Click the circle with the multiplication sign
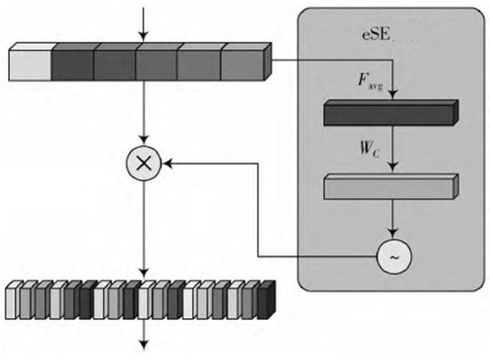pyautogui.click(x=142, y=164)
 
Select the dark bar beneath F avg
pyautogui.click(x=388, y=113)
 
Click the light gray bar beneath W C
pyautogui.click(x=388, y=187)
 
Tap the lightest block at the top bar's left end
pyautogui.click(x=29, y=65)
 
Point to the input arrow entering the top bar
pyautogui.click(x=142, y=23)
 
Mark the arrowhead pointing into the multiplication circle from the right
pyautogui.click(x=164, y=164)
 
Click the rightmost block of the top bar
pyautogui.click(x=244, y=63)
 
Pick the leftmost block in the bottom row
pyautogui.click(x=12, y=302)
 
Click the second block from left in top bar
pyautogui.click(x=72, y=64)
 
